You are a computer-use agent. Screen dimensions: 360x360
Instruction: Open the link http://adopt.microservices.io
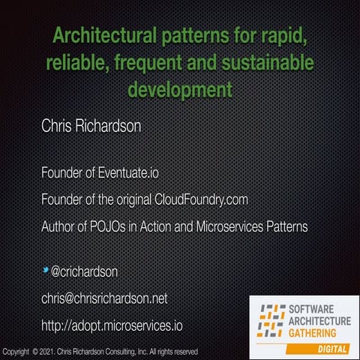click(112, 325)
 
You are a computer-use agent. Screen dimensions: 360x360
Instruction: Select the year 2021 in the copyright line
click(47, 351)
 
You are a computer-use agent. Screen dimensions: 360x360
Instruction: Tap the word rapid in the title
click(289, 35)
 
